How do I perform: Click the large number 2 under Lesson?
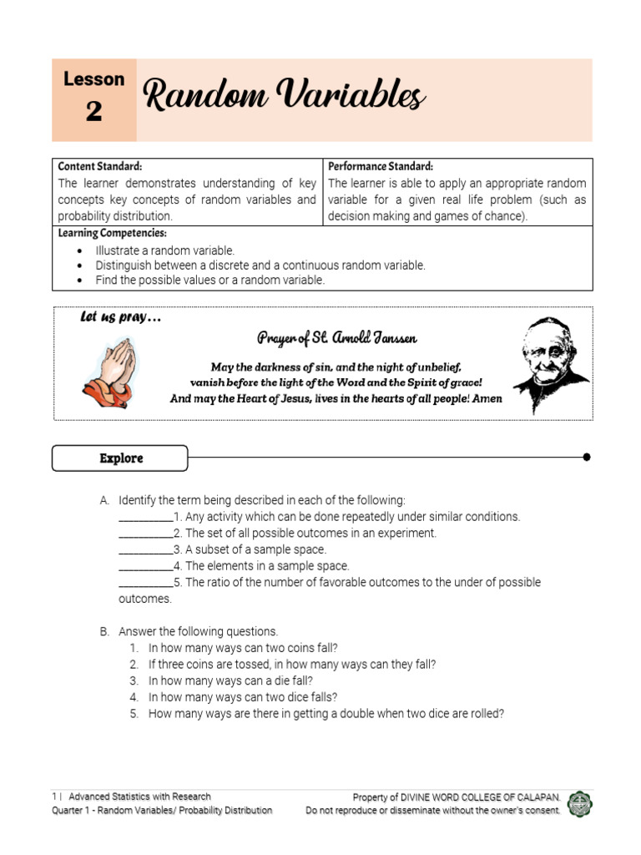click(93, 111)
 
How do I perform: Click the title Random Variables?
click(284, 97)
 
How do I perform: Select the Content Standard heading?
click(99, 167)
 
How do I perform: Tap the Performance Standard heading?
click(380, 167)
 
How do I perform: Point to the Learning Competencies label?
click(112, 233)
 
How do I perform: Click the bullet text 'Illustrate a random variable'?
click(165, 250)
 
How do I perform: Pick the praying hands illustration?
click(108, 372)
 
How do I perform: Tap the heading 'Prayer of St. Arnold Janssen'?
click(337, 338)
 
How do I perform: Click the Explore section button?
click(120, 458)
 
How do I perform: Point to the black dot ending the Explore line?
click(587, 457)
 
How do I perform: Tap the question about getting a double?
click(326, 714)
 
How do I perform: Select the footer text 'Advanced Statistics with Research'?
click(139, 797)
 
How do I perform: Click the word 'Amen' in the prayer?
click(487, 398)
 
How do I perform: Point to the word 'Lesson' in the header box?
click(93, 79)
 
